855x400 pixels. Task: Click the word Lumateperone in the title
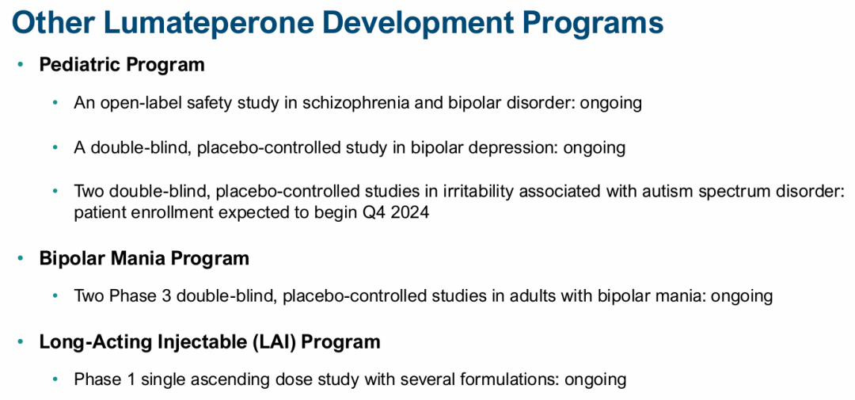[211, 24]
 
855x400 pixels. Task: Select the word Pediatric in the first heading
[80, 65]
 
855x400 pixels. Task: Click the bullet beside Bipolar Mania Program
[21, 257]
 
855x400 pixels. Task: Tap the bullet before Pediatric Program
[21, 65]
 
